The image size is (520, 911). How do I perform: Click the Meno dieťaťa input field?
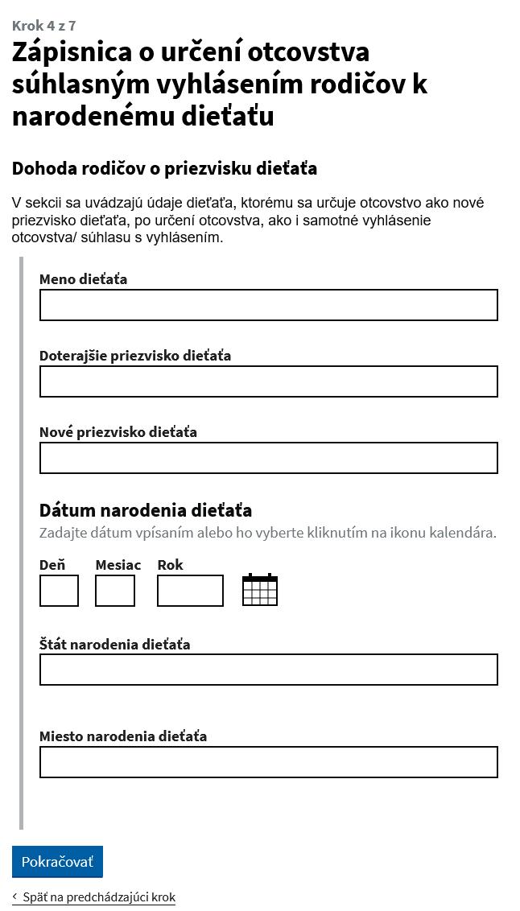(x=268, y=305)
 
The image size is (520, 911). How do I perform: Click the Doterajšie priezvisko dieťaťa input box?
(x=268, y=381)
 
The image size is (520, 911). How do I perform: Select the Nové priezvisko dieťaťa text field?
(x=268, y=458)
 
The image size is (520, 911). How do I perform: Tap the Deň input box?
(x=59, y=591)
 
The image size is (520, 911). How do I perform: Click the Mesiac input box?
(x=115, y=591)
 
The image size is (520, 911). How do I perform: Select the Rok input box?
(x=190, y=591)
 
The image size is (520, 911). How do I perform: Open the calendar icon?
(x=260, y=590)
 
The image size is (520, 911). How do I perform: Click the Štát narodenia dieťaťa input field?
(x=268, y=670)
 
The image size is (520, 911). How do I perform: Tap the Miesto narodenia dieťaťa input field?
(x=268, y=762)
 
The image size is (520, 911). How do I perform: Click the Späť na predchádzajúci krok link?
(x=98, y=897)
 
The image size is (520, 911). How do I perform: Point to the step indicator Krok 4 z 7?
(x=44, y=26)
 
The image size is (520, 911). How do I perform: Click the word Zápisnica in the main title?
(x=72, y=52)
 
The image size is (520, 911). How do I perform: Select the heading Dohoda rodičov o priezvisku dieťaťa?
(x=164, y=169)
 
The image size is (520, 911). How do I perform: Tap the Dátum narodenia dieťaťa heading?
(x=146, y=510)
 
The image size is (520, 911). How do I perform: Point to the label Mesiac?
(x=118, y=565)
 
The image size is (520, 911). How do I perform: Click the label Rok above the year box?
(x=170, y=565)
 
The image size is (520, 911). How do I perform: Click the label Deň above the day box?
(x=52, y=565)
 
